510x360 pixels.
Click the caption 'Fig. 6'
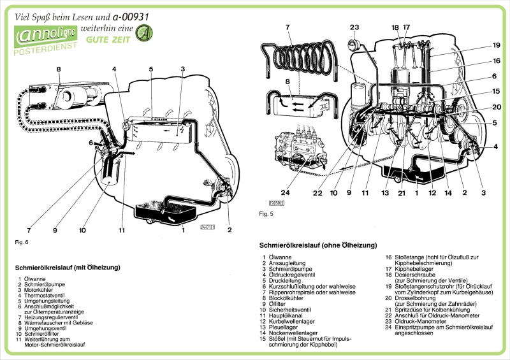[x=21, y=242]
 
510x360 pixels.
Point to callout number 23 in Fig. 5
[x=354, y=27]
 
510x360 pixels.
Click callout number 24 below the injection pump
[x=285, y=193]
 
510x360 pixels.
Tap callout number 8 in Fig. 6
[x=58, y=68]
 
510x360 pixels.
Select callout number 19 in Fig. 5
[x=496, y=45]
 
